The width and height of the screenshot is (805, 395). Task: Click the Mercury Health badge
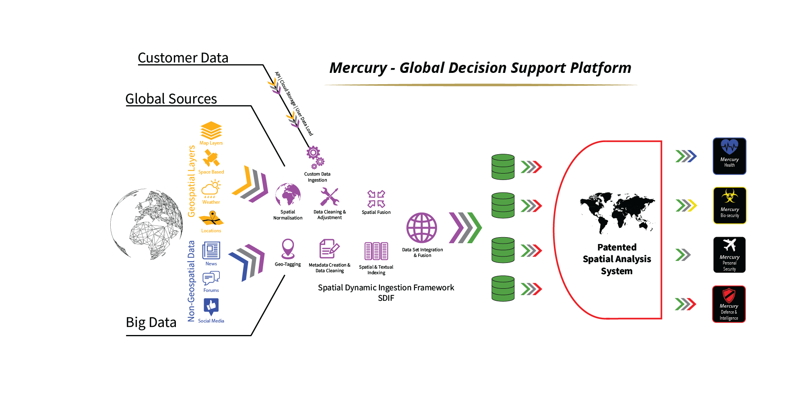(x=729, y=156)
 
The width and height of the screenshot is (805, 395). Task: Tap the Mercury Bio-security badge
(x=729, y=205)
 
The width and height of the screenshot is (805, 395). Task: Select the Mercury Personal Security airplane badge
(x=729, y=254)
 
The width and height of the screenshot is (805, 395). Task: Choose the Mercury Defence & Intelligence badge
(x=729, y=304)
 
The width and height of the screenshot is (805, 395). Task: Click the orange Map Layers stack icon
(x=211, y=130)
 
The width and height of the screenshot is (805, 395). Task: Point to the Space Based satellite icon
(x=211, y=158)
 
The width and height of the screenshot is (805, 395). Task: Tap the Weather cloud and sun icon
(x=211, y=188)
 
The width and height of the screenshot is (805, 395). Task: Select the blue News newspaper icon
(x=211, y=250)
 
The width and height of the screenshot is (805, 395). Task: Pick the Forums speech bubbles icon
(x=211, y=278)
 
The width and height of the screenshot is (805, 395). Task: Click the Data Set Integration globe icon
(x=421, y=227)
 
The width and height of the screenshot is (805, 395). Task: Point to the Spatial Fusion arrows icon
(x=376, y=199)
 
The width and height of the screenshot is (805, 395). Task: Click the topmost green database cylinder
(x=503, y=166)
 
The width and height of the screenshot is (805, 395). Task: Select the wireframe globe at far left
(x=147, y=224)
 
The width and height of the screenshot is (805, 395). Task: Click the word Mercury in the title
(x=358, y=68)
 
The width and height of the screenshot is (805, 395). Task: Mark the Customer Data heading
(x=183, y=58)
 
